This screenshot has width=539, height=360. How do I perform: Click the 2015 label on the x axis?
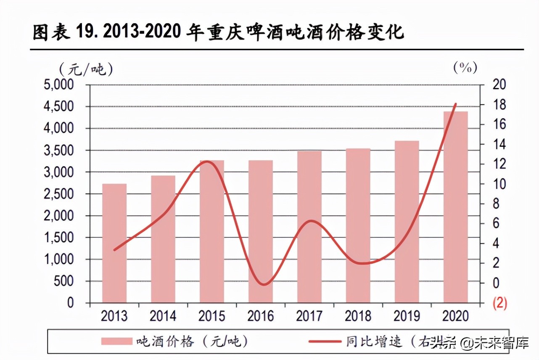(x=212, y=316)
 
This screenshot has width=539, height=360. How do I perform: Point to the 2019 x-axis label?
(x=407, y=316)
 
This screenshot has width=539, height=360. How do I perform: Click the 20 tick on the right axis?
(x=499, y=85)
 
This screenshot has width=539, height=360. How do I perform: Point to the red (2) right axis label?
(x=499, y=303)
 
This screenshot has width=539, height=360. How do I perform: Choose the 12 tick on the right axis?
(x=499, y=164)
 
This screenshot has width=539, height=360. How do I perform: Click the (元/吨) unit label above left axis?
(x=86, y=69)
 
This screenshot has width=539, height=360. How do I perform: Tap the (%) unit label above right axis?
(x=465, y=68)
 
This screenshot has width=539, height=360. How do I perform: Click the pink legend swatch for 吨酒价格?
(x=117, y=341)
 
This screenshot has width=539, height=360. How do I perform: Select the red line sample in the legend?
(x=324, y=341)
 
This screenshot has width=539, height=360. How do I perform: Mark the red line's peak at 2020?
(x=455, y=103)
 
